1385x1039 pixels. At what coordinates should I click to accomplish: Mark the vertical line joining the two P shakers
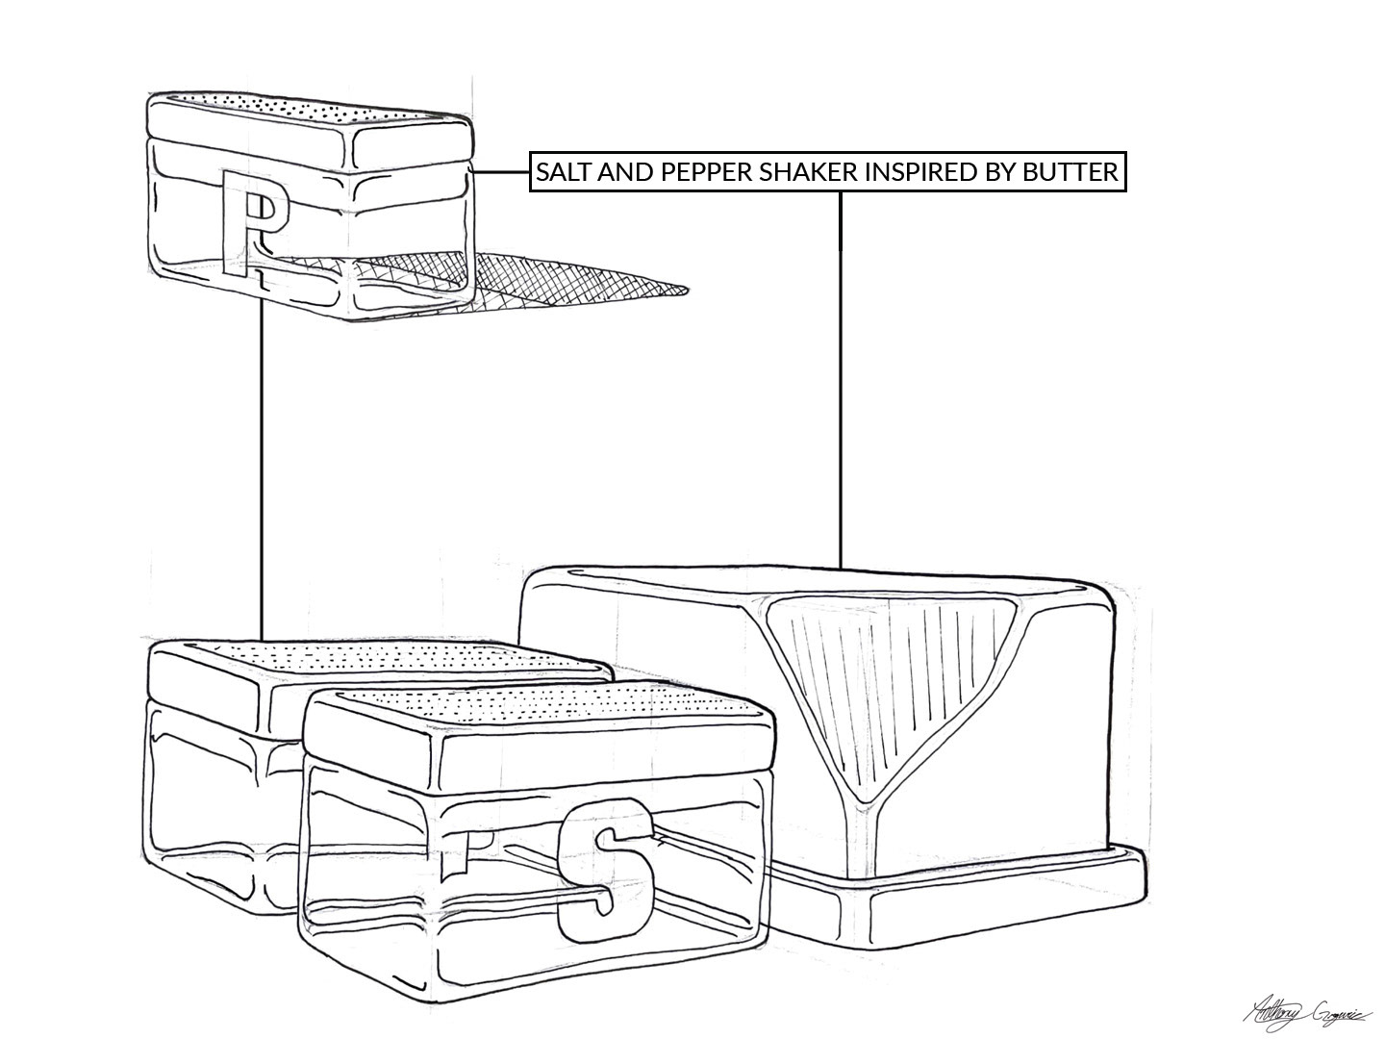[263, 462]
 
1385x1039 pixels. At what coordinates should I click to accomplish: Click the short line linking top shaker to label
[501, 173]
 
